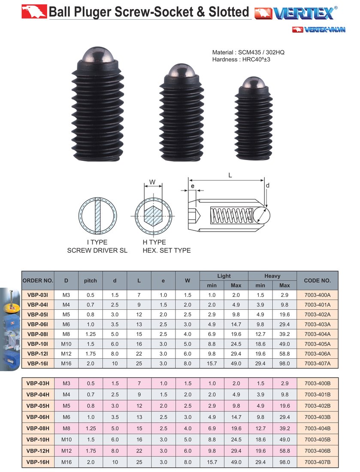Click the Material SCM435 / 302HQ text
[x=248, y=52]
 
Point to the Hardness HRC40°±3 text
[x=241, y=60]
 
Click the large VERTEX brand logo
[x=296, y=12]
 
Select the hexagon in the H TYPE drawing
[x=154, y=216]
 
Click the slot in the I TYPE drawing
[x=98, y=216]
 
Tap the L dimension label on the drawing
[x=230, y=175]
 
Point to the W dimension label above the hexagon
[x=153, y=182]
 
